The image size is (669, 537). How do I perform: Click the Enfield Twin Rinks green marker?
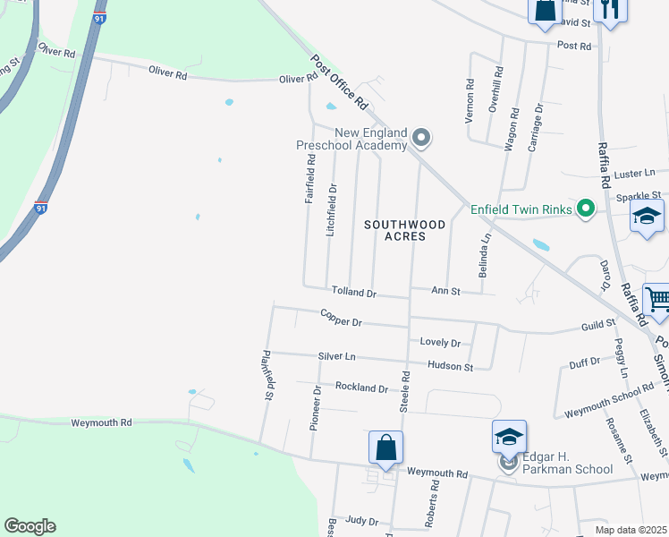[x=586, y=209]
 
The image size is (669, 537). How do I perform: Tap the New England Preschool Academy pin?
[x=422, y=139]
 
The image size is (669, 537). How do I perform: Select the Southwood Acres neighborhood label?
[x=394, y=231]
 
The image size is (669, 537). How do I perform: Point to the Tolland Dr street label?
[x=354, y=292]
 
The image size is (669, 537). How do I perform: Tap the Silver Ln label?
[x=336, y=356]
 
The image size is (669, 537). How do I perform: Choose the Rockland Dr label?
[x=361, y=388]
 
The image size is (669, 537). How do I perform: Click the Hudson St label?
[x=450, y=366]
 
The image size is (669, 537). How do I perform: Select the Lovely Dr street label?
[x=440, y=343]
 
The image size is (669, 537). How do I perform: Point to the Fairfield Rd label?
[x=310, y=180]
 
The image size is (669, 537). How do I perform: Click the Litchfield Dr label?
[x=332, y=209]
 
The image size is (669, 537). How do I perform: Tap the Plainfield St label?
[x=267, y=374]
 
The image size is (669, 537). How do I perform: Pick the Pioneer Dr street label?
[x=315, y=409]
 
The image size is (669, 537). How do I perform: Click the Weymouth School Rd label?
[x=609, y=393]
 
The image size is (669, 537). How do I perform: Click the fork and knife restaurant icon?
[x=611, y=8]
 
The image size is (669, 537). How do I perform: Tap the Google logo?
[x=30, y=526]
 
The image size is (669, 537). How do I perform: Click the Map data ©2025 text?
[x=631, y=529]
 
